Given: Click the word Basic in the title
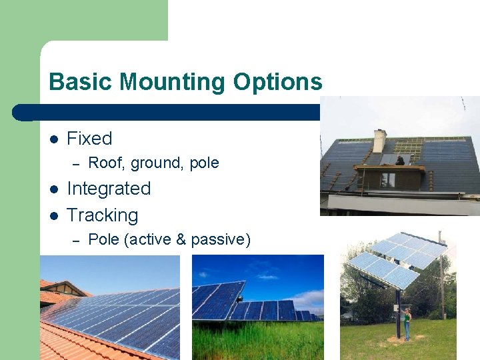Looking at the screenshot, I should tap(74, 82).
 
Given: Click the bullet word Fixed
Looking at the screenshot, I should tap(89, 139).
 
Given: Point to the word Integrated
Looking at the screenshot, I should tap(109, 189).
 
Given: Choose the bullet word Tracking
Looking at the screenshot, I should tap(102, 215).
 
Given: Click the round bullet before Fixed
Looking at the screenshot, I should tap(54, 139).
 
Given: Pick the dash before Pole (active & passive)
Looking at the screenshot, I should tap(75, 240).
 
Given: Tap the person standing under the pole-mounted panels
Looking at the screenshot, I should tap(406, 323).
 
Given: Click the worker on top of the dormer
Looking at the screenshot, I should tap(399, 160).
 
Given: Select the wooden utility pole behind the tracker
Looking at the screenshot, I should tap(441, 280).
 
